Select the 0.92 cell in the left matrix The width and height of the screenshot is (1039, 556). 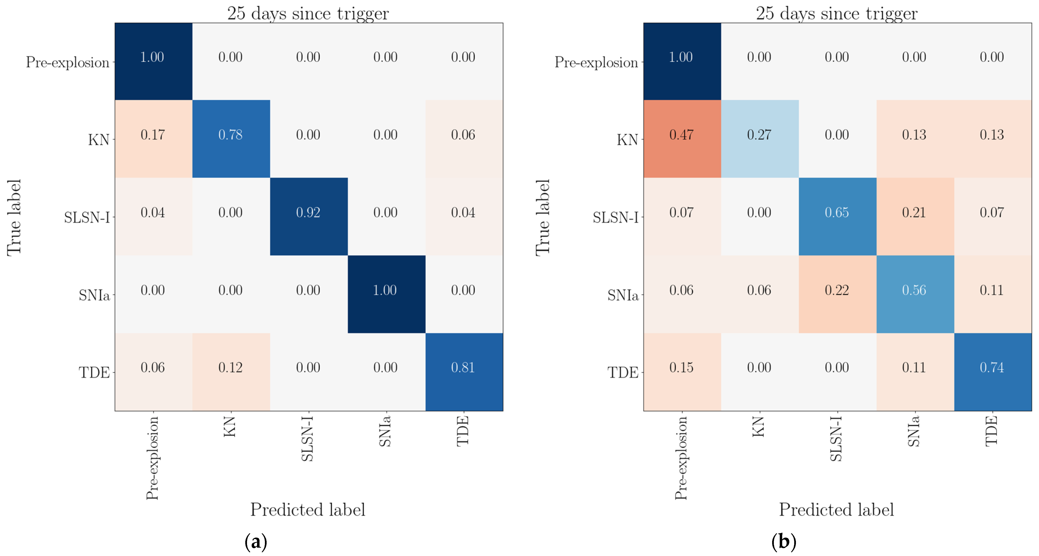309,213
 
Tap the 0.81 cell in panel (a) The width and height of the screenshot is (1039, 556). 463,368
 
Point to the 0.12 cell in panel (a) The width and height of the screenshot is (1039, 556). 231,368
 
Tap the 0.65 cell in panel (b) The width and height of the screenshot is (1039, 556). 837,213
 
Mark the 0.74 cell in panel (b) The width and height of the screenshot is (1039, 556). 992,368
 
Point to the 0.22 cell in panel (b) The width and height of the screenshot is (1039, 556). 837,290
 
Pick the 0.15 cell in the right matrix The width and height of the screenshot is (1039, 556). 682,368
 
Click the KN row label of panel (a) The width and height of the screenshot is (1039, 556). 99,140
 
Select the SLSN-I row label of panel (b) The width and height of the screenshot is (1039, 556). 615,218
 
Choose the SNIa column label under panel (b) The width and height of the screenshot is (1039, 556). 914,431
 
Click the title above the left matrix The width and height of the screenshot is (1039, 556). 308,13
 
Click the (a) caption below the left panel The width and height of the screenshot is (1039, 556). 256,542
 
